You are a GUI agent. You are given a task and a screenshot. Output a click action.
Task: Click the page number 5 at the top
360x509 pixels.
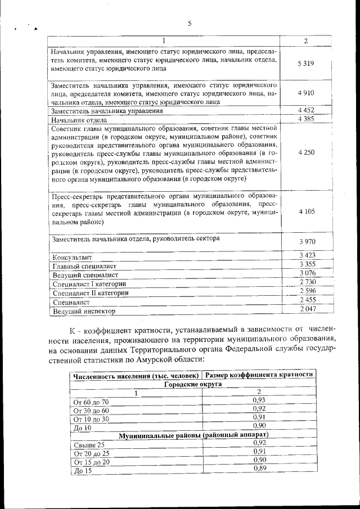(x=190, y=23)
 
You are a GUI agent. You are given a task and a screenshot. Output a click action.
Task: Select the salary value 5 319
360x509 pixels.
(x=305, y=63)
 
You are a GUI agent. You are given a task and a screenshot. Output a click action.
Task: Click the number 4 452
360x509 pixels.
(x=306, y=110)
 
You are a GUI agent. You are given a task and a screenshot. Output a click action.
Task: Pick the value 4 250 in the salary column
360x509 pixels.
(x=307, y=152)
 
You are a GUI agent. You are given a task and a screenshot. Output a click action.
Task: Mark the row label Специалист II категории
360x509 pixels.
(x=90, y=293)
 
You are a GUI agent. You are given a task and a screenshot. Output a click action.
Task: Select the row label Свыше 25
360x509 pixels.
(x=89, y=445)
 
